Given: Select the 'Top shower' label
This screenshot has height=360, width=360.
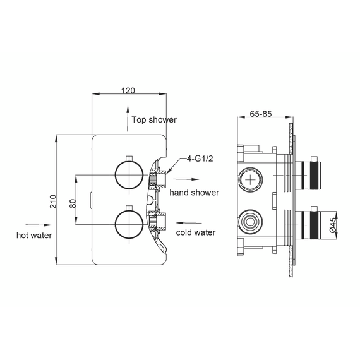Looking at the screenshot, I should tap(154, 119).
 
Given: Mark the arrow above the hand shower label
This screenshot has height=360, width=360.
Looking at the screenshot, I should tap(186, 180).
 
